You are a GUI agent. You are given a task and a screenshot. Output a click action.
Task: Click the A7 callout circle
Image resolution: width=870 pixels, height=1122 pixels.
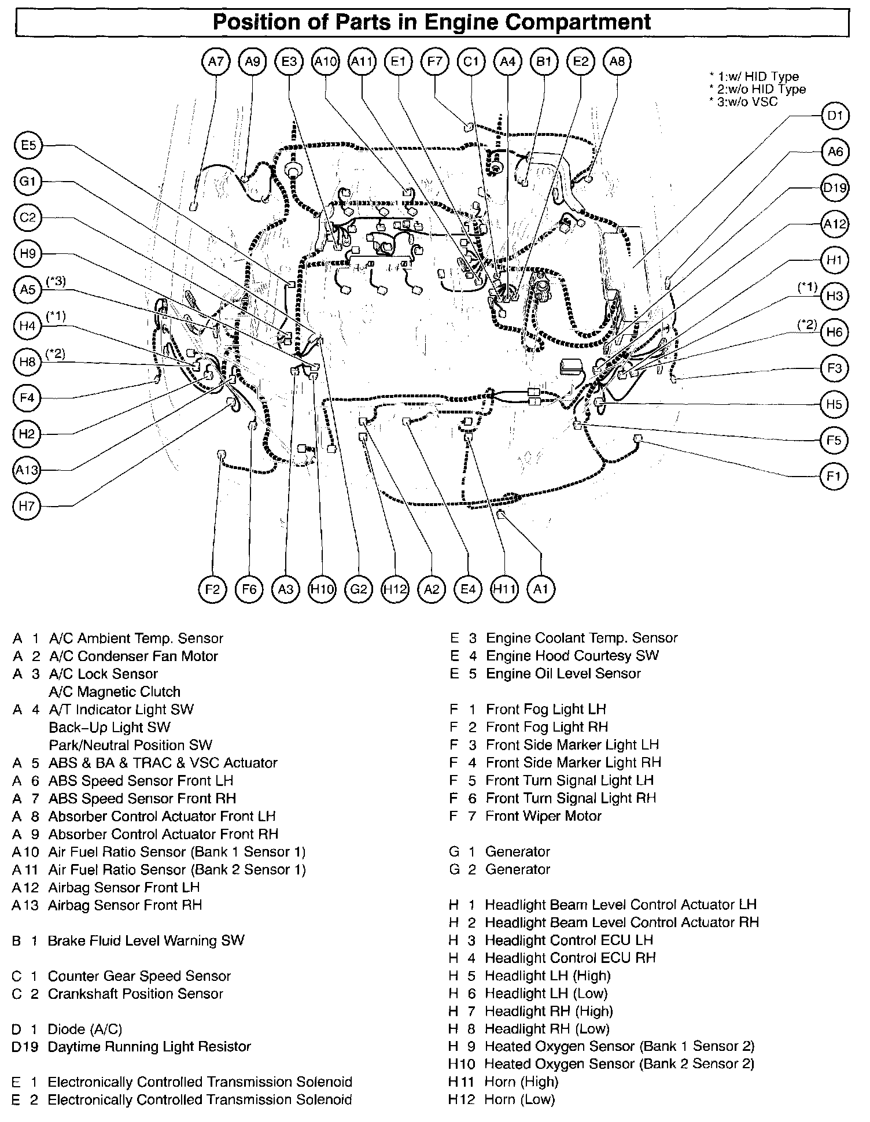tap(216, 61)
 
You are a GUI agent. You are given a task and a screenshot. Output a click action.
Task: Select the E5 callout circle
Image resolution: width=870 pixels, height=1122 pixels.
tap(28, 146)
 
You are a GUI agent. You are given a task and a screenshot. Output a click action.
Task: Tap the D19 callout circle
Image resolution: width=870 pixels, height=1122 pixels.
tap(834, 187)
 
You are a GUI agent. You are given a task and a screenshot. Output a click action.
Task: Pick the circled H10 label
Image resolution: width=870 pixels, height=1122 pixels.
tap(322, 589)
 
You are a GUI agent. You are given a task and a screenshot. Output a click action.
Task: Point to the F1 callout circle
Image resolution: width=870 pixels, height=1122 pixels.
tap(834, 477)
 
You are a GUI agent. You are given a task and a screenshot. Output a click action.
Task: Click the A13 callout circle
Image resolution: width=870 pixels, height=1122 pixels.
tap(27, 470)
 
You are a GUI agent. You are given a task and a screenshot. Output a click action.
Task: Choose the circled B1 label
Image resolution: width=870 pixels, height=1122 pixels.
tap(544, 61)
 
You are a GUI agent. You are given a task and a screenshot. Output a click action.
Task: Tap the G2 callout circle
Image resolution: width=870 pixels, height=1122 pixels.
tap(359, 589)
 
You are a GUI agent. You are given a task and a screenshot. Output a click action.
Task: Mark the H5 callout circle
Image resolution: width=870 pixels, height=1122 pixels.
tap(834, 404)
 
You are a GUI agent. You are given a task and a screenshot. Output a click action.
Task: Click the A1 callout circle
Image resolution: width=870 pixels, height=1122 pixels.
tap(540, 589)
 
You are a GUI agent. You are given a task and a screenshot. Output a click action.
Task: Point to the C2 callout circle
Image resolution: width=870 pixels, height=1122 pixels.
tap(28, 218)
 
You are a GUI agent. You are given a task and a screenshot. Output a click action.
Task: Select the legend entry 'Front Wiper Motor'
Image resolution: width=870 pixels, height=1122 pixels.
tap(543, 816)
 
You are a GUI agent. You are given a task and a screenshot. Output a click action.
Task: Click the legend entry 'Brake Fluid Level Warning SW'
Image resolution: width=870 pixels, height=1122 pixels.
tap(146, 940)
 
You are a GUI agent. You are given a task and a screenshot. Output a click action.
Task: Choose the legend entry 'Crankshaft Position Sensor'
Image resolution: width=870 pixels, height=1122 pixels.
tap(135, 994)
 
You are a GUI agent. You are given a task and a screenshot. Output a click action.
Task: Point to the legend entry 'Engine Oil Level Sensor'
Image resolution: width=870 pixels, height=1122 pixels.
tap(563, 674)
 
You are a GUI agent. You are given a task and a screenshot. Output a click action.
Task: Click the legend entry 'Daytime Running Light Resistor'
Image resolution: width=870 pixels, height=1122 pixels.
tap(149, 1047)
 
